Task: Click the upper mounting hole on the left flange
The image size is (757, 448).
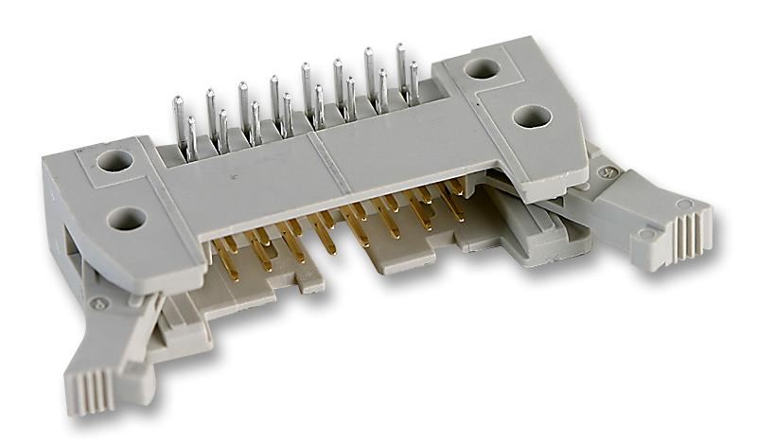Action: [x=114, y=160]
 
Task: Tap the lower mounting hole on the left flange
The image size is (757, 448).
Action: [x=126, y=220]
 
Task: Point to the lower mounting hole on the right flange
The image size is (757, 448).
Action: [x=531, y=116]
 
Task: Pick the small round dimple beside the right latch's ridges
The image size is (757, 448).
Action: [x=647, y=233]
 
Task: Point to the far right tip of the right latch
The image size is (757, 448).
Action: [x=711, y=227]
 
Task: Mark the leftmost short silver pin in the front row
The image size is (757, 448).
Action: [x=192, y=138]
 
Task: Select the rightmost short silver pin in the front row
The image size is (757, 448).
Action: [x=414, y=86]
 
